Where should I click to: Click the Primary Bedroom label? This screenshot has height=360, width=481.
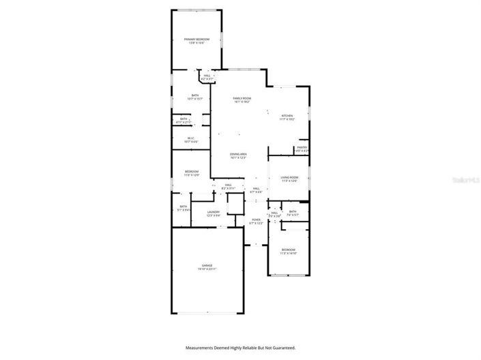tap(196, 40)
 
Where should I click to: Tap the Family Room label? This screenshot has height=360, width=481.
tap(242, 99)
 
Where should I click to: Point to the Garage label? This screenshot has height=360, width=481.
tap(207, 265)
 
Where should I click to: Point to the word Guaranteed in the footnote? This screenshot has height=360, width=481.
tap(282, 347)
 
